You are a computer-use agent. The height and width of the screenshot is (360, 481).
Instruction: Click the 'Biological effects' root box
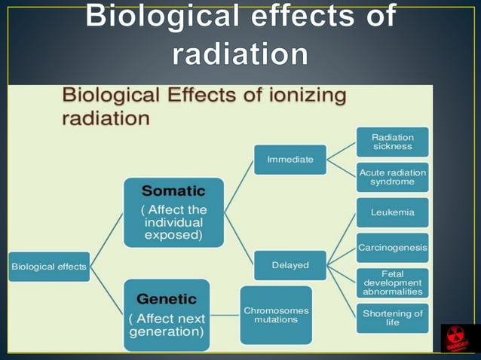click(49, 266)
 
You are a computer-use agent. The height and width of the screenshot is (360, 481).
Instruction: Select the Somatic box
click(173, 212)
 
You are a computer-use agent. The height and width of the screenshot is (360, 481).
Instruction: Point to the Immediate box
click(290, 160)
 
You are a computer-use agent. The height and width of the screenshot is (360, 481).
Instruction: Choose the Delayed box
click(290, 265)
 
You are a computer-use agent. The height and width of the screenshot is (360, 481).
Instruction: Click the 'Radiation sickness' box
click(392, 142)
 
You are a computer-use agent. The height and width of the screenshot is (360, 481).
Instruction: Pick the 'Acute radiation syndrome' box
click(392, 177)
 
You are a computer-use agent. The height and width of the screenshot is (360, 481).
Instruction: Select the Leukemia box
click(392, 212)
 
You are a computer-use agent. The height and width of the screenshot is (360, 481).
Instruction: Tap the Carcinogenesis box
click(392, 247)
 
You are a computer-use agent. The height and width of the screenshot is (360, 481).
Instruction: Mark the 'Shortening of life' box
click(392, 317)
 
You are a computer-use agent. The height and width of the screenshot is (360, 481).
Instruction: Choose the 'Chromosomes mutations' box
click(275, 315)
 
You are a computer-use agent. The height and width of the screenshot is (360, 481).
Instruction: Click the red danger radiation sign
click(457, 338)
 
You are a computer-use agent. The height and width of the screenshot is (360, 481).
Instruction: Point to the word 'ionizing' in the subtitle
click(302, 96)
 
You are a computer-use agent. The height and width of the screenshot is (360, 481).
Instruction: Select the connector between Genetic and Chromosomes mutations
click(226, 315)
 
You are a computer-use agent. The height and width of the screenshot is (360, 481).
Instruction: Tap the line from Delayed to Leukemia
click(341, 238)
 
